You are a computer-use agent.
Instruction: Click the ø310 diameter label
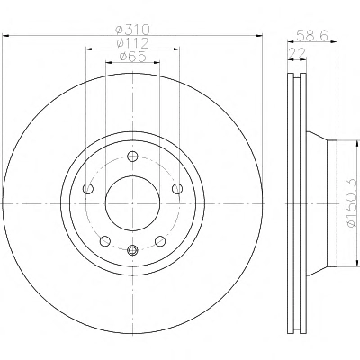132,30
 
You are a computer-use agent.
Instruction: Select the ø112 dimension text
132,43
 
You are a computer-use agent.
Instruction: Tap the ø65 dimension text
132,57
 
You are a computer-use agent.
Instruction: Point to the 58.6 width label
312,35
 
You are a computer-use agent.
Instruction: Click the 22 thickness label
296,53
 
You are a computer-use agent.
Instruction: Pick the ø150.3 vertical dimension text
352,203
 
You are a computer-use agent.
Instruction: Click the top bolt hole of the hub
132,157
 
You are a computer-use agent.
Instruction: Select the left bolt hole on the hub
88,189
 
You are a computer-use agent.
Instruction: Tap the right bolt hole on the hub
177,189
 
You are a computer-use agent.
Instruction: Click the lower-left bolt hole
104,240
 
